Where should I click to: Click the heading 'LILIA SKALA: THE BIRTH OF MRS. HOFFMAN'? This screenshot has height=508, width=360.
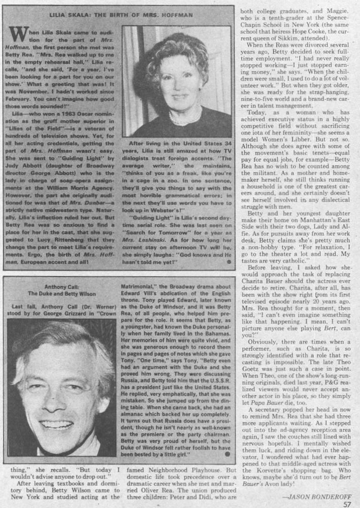[121, 15]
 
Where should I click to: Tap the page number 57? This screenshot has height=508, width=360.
[347, 504]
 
